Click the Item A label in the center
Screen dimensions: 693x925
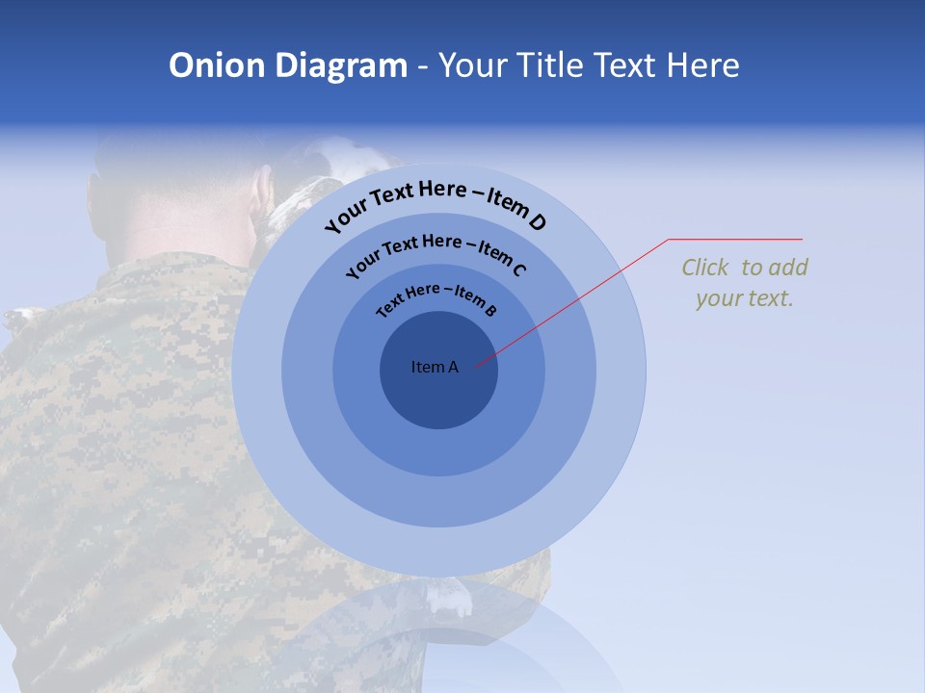point(435,367)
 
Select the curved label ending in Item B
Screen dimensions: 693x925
point(437,297)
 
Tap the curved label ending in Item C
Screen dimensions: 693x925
point(436,252)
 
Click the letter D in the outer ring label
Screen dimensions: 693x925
point(537,222)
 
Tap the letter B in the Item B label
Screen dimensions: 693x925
point(490,311)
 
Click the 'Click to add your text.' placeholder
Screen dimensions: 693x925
point(745,283)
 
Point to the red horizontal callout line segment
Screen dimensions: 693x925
point(735,239)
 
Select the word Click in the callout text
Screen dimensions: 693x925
point(706,268)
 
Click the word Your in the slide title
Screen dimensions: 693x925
point(474,65)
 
